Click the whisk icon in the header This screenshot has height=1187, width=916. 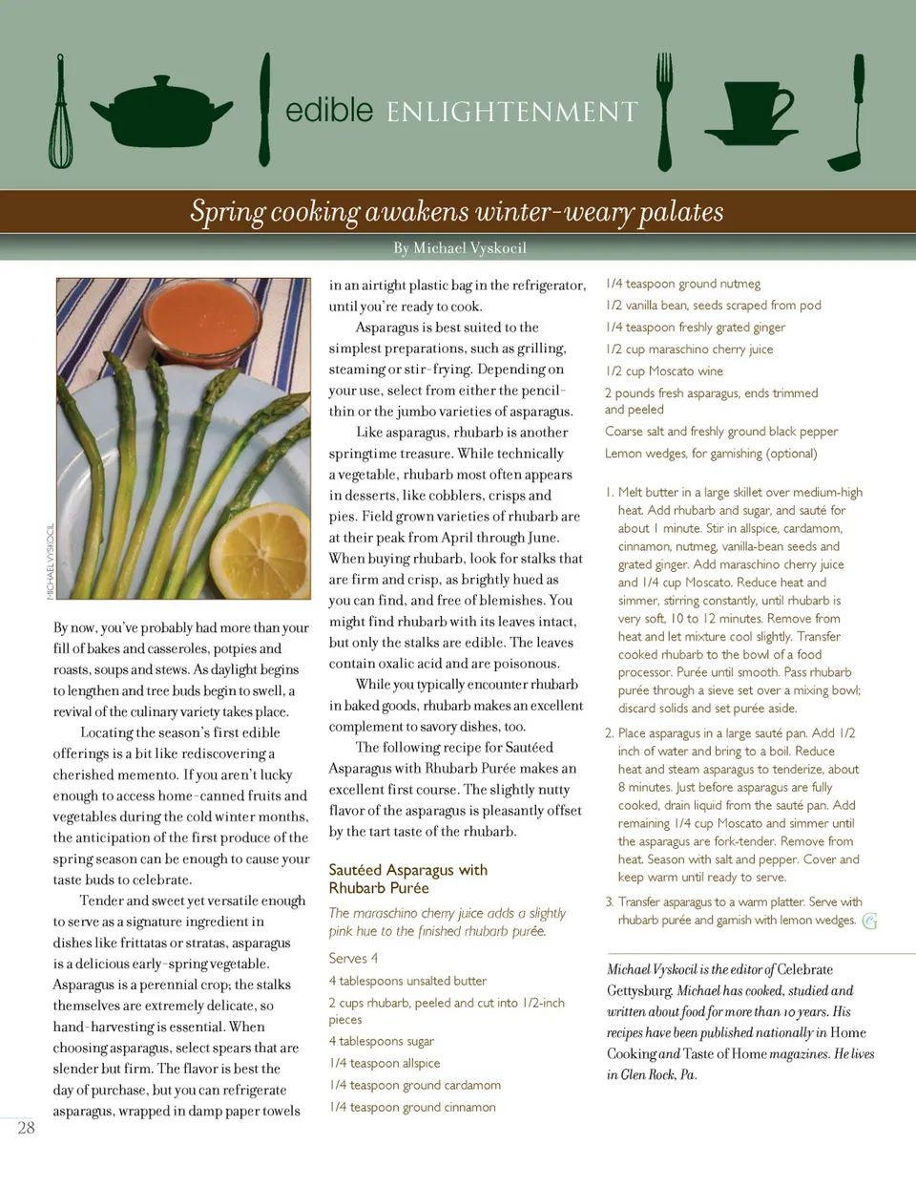[x=61, y=113]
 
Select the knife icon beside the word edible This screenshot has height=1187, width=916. [x=264, y=110]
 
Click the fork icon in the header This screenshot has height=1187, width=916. [x=664, y=110]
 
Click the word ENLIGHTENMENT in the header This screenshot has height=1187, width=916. [x=511, y=113]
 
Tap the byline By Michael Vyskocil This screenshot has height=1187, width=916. [x=460, y=248]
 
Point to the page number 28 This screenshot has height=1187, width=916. [x=26, y=1128]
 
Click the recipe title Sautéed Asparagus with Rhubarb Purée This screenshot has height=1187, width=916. [x=407, y=879]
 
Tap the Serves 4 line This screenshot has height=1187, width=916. [x=353, y=958]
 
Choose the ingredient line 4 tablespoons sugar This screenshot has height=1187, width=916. [x=381, y=1041]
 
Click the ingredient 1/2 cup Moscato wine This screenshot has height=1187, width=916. [x=663, y=371]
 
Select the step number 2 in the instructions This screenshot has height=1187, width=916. [x=610, y=733]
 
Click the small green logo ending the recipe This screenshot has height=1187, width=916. [x=869, y=921]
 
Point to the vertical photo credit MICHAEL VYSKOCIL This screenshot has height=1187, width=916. [x=51, y=562]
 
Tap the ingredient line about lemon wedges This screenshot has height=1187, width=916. [x=710, y=454]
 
